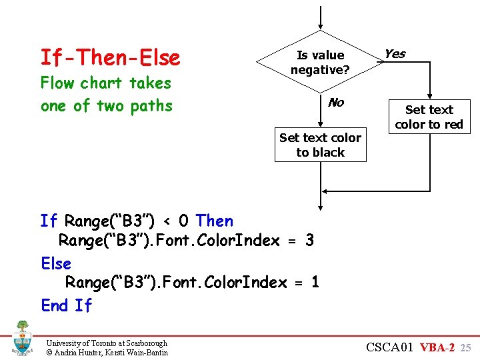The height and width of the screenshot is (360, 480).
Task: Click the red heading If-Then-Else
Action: click(110, 58)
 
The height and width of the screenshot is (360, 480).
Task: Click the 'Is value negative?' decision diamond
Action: click(321, 62)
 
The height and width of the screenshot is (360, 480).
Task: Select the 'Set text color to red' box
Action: click(429, 117)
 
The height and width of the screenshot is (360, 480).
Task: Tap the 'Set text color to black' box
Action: click(320, 145)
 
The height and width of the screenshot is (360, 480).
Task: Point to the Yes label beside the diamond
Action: click(395, 54)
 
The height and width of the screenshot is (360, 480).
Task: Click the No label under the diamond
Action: click(336, 102)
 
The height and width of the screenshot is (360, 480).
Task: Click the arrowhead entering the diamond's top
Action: click(321, 26)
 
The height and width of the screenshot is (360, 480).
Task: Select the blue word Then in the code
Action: click(215, 221)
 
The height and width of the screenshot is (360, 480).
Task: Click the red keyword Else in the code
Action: click(56, 263)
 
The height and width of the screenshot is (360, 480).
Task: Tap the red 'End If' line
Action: click(66, 305)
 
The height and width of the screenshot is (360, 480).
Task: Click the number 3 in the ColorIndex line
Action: click(309, 241)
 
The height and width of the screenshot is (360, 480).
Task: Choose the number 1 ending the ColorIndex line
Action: click(315, 283)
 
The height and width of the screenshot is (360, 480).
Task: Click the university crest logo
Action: click(22, 338)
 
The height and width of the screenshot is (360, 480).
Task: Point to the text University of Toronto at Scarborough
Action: click(107, 343)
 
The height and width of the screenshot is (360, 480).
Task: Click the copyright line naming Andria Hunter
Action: click(107, 352)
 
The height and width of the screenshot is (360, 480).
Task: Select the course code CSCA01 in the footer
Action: click(390, 347)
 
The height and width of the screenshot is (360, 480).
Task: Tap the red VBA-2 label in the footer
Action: click(437, 347)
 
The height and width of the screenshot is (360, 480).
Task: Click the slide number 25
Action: click(465, 348)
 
